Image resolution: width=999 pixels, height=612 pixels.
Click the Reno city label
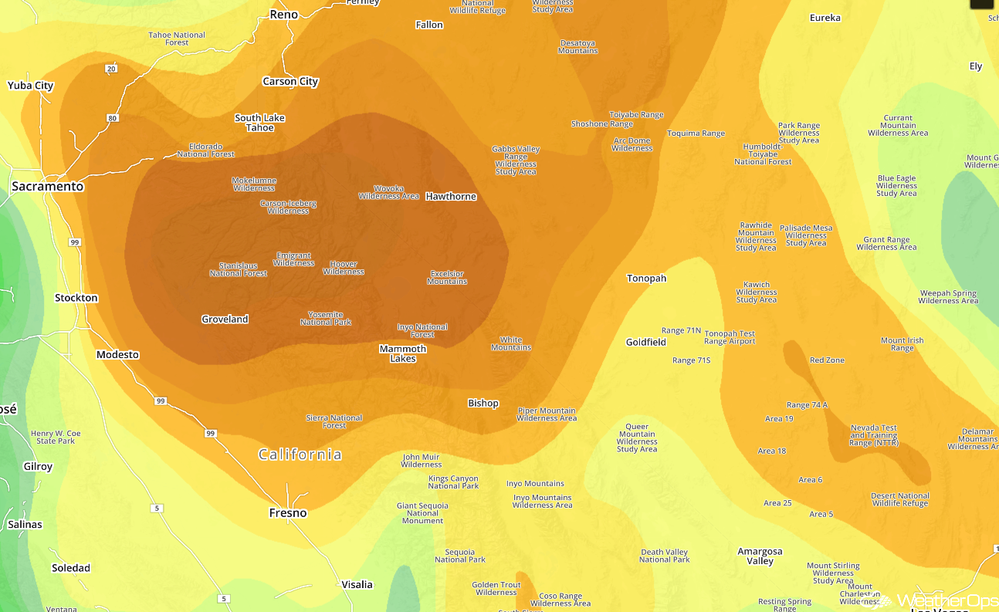(283, 15)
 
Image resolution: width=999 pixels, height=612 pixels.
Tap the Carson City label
(290, 82)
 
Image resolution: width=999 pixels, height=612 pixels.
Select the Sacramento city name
(47, 187)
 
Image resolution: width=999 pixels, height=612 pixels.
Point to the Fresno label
(288, 513)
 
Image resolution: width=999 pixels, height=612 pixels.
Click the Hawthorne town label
(451, 197)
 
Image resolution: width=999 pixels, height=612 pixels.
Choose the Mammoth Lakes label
(403, 353)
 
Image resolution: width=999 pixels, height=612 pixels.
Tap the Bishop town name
(483, 404)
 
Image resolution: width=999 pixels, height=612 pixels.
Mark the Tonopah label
(646, 279)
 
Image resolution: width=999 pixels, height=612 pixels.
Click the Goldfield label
(645, 343)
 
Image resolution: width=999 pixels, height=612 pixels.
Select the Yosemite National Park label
(326, 318)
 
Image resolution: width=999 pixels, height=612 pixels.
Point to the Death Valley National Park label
(665, 556)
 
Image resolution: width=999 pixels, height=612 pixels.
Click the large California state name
(300, 455)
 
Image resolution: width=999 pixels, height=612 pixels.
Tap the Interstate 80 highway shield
(114, 118)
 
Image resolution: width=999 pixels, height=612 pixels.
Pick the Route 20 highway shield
(112, 69)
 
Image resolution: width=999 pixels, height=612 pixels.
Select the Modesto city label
(117, 355)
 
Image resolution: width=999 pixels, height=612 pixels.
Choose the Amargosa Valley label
(760, 556)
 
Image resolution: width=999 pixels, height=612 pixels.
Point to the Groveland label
(225, 320)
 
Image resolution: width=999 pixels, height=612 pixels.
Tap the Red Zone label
(827, 360)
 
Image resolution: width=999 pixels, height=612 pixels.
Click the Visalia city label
(357, 585)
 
